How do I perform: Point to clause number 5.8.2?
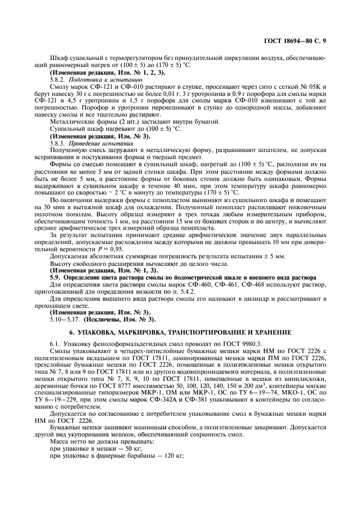[57, 79]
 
